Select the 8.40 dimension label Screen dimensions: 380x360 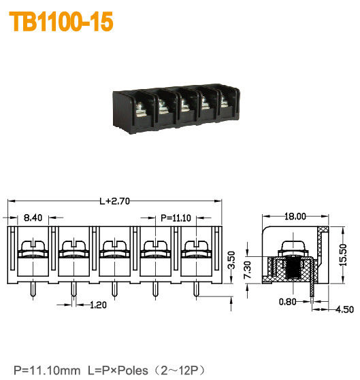coord(33,218)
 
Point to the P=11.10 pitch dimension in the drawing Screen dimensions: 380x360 coord(175,218)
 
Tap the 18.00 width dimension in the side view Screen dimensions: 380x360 coord(295,217)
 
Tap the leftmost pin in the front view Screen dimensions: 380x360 coord(32,290)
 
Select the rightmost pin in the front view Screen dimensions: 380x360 coord(196,290)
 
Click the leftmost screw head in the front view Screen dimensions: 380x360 coord(32,245)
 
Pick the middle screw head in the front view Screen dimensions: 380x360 coord(114,245)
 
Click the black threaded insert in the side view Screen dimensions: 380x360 coord(294,269)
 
